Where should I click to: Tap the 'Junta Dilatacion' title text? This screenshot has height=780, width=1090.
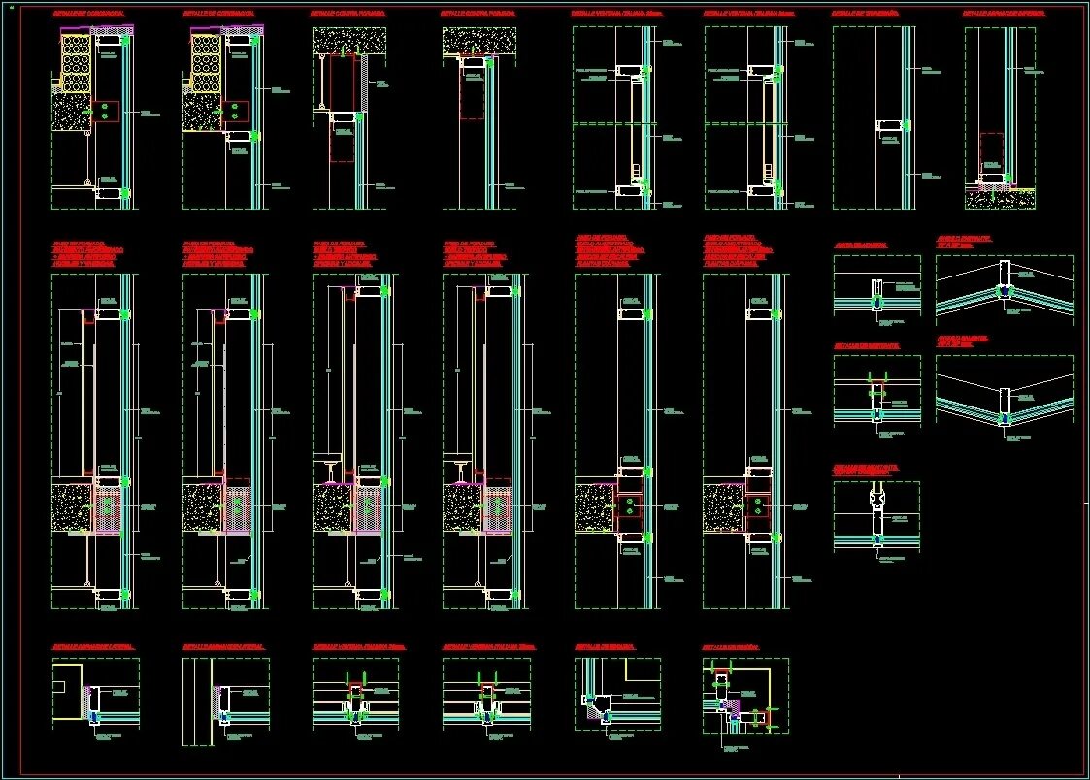pos(860,245)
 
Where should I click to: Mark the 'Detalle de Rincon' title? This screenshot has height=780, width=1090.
pos(730,647)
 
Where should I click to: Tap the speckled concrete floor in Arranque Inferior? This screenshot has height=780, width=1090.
pos(1000,199)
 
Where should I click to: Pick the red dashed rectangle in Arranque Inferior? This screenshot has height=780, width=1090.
pos(991,150)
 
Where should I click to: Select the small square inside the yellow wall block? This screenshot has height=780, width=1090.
pos(60,686)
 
